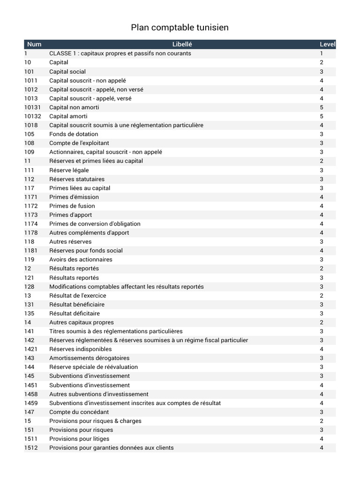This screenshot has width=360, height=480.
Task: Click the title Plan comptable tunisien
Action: tap(180, 28)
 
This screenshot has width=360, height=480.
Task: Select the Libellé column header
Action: tap(182, 45)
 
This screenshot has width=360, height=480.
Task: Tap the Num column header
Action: tap(34, 45)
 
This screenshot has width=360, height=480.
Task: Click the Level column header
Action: tap(327, 45)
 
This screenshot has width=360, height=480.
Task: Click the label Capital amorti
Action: tap(68, 116)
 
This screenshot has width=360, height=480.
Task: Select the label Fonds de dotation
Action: tap(74, 134)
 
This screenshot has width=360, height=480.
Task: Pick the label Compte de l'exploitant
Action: tap(79, 143)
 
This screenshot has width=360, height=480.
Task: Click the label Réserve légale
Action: tap(69, 170)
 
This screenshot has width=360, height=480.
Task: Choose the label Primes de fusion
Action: tap(72, 206)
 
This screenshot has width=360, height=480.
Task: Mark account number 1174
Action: tap(31, 224)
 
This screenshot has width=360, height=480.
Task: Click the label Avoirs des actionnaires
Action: tap(81, 259)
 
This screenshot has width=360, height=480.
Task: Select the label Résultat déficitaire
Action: tap(75, 313)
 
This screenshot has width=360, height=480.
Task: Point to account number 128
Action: tap(30, 286)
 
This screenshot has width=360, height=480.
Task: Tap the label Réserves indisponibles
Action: tap(81, 349)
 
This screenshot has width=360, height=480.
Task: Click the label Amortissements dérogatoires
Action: tap(89, 358)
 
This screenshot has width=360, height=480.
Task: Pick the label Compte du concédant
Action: tap(79, 412)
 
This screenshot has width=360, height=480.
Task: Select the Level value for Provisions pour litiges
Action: tap(322, 439)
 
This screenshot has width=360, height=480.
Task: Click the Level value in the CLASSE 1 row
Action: tap(322, 53)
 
